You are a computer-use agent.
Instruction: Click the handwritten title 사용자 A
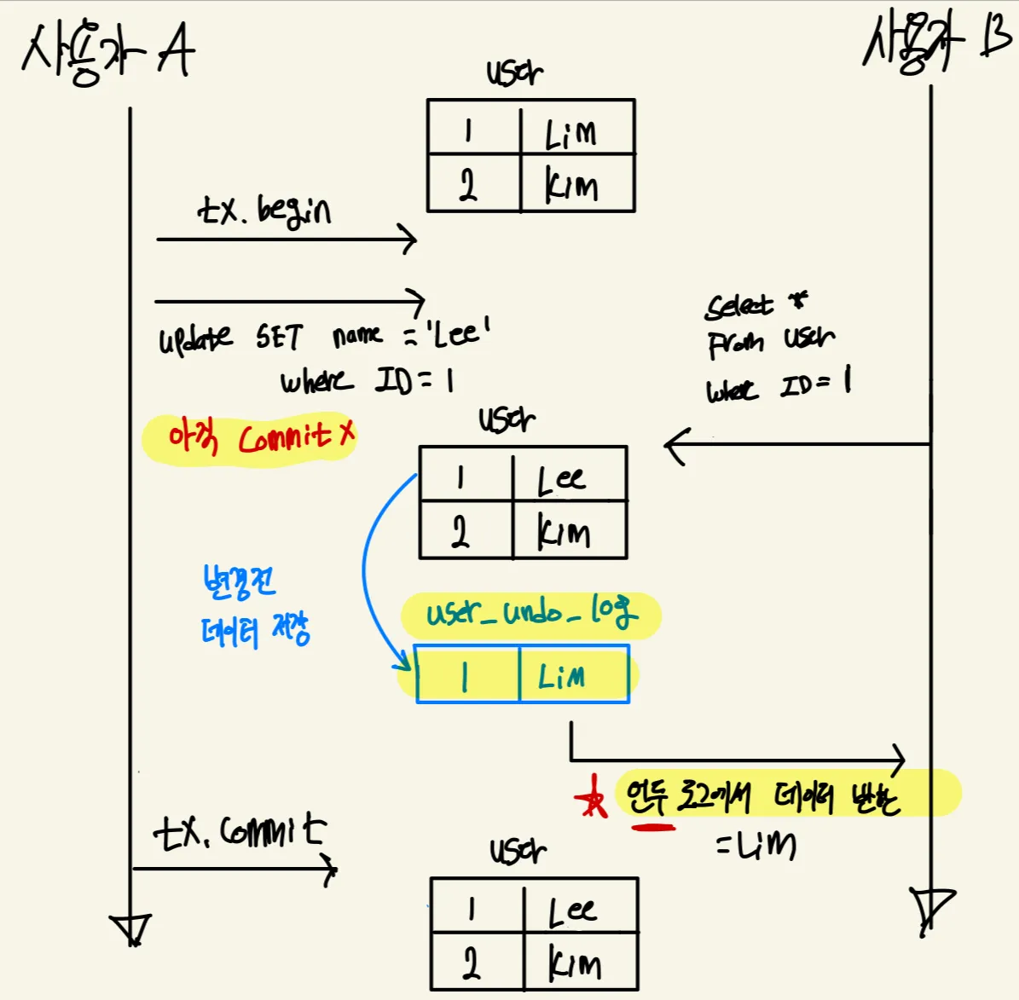pos(107,53)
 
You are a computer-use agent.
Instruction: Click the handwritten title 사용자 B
pos(935,42)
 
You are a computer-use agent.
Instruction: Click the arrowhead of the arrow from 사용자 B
pos(674,444)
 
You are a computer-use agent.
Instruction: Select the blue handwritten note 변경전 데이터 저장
pos(252,606)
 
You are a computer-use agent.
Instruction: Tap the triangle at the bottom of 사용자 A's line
pos(130,928)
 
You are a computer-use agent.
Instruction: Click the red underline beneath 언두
pos(651,824)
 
